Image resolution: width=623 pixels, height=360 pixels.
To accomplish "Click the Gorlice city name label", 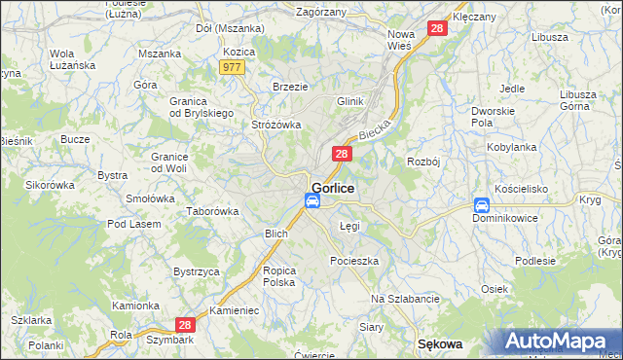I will (x=332, y=187).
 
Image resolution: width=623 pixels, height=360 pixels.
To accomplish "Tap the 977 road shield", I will (x=232, y=67).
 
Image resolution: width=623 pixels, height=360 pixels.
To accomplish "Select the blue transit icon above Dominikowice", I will (x=481, y=205).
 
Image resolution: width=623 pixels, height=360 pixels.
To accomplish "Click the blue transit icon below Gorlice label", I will (x=312, y=201).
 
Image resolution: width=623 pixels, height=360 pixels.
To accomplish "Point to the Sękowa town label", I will (x=439, y=344).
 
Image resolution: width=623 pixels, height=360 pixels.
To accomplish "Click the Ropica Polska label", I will (x=278, y=275).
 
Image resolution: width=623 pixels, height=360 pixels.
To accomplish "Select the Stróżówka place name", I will (x=276, y=125).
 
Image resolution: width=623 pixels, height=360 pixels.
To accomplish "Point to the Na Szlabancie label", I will (x=406, y=299).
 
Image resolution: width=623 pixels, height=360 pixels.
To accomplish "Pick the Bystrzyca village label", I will (x=196, y=271).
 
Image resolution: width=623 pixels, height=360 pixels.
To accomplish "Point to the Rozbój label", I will (x=424, y=162).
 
